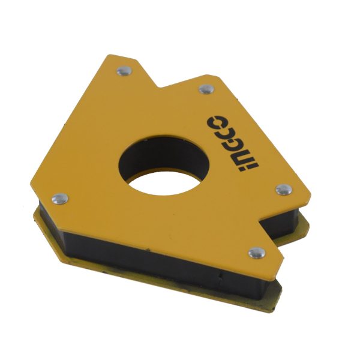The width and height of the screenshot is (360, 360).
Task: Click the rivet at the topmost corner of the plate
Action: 124,71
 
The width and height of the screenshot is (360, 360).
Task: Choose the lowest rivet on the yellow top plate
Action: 254,252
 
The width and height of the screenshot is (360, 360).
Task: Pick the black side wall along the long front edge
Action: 138,252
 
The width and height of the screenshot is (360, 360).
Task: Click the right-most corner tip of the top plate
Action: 313,193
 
